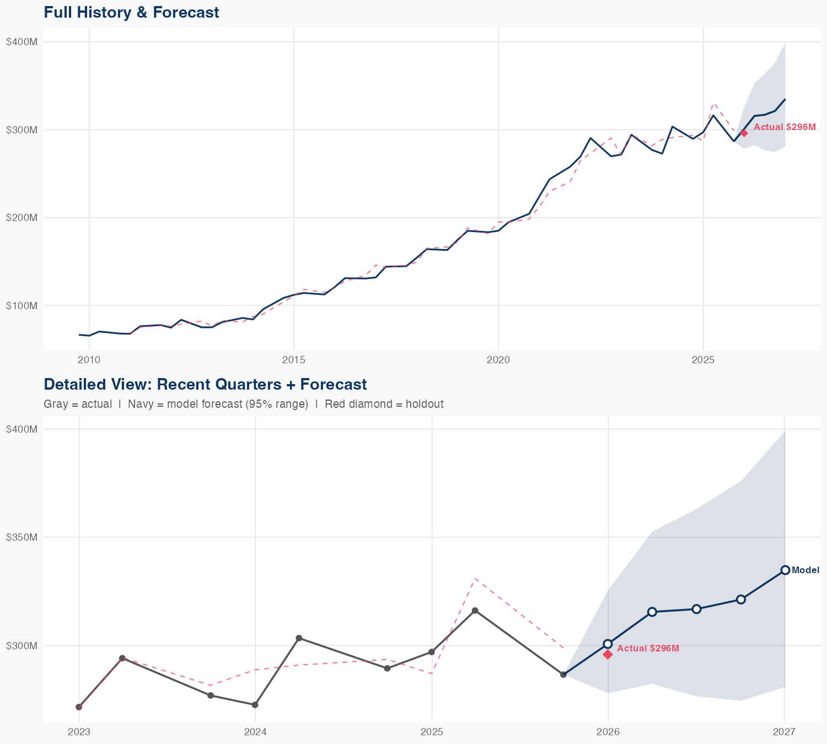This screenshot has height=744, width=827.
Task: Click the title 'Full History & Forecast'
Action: click(131, 12)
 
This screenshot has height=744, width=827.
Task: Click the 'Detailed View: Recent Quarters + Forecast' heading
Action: click(205, 384)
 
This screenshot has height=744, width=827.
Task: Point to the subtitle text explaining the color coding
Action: click(243, 404)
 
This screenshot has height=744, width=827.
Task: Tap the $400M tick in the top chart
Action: click(22, 42)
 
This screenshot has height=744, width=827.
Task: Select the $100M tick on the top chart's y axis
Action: click(22, 305)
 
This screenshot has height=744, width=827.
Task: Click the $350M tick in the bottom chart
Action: click(22, 537)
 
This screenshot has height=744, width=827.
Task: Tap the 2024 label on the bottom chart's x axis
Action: click(255, 732)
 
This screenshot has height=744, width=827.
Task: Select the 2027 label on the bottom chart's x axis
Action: click(784, 732)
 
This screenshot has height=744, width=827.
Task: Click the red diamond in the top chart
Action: click(744, 133)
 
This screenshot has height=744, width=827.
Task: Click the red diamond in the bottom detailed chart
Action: click(608, 654)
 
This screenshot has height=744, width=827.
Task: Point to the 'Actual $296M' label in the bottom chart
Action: click(648, 649)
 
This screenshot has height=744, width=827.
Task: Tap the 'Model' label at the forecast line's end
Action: click(805, 570)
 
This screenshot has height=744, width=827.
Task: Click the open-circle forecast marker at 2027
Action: click(785, 570)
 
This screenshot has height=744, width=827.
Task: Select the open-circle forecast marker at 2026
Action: click(608, 644)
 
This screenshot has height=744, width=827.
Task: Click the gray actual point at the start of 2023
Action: click(79, 707)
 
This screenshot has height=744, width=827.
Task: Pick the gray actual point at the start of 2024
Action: click(255, 705)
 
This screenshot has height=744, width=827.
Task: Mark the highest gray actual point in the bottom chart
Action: click(475, 611)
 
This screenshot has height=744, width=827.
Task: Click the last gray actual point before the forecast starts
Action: click(563, 675)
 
